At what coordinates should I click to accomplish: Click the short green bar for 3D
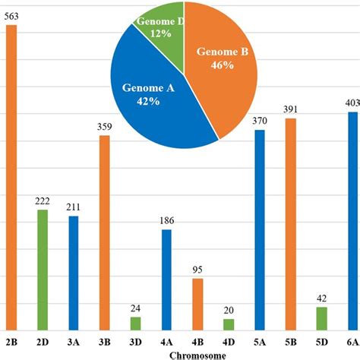(x=136, y=324)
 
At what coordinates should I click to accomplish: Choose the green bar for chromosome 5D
(x=322, y=318)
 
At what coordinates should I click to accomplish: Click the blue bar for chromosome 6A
(x=352, y=221)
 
